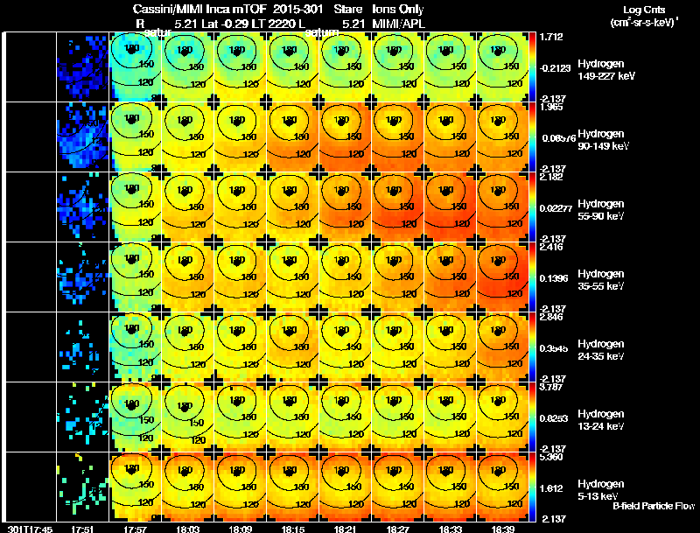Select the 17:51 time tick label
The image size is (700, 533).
[83, 529]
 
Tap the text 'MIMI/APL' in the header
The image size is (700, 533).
[399, 23]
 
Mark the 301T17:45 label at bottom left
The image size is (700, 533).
[28, 529]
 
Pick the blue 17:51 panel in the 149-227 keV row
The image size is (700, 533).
[83, 67]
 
